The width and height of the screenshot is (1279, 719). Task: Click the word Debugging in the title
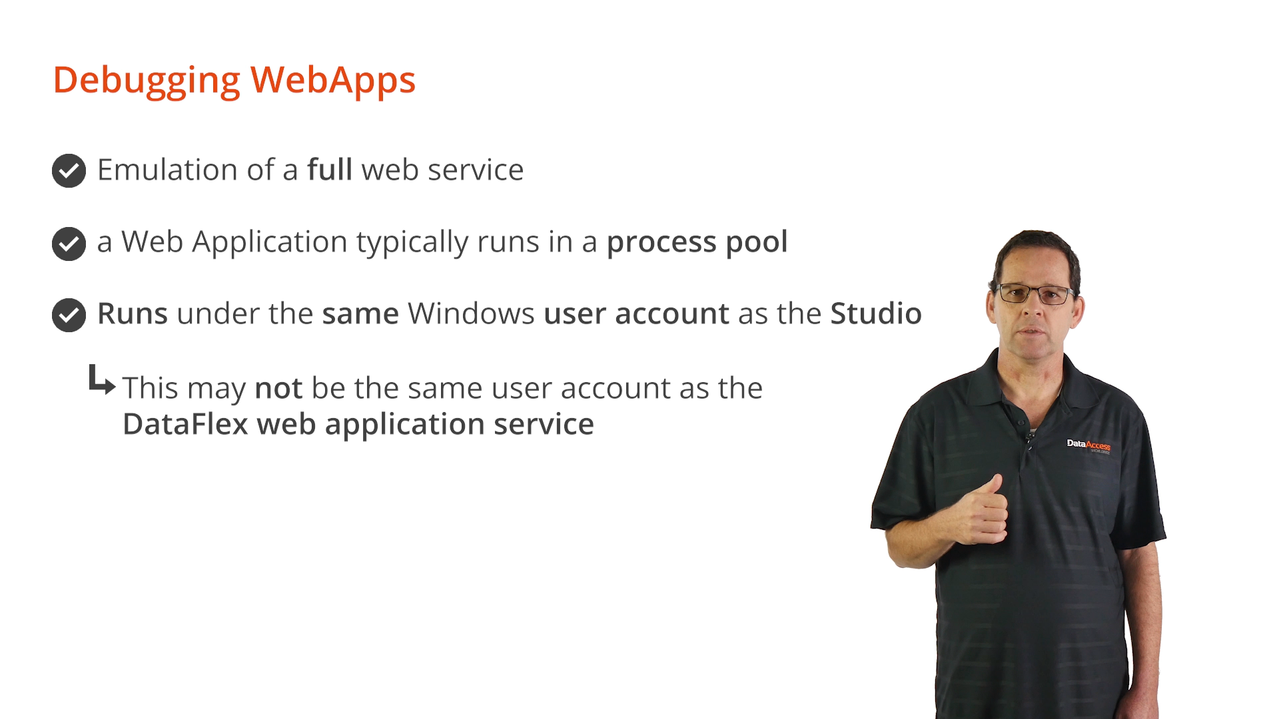tap(147, 81)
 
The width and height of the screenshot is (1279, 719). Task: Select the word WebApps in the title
tap(333, 81)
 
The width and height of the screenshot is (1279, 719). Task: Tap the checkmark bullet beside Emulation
tap(69, 170)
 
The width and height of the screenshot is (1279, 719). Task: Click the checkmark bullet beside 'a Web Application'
tap(69, 244)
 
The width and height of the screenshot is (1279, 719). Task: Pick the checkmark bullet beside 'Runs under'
tap(69, 315)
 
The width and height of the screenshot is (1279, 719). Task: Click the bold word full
tap(330, 169)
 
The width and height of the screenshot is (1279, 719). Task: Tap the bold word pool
tap(757, 242)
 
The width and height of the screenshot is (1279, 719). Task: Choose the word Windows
tap(471, 314)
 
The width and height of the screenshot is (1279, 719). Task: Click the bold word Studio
tap(876, 314)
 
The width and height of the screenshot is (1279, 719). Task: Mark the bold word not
tap(279, 388)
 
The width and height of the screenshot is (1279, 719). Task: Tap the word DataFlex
tap(185, 424)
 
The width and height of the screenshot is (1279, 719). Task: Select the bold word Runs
tap(133, 314)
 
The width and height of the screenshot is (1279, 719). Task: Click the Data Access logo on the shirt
tap(1088, 445)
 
